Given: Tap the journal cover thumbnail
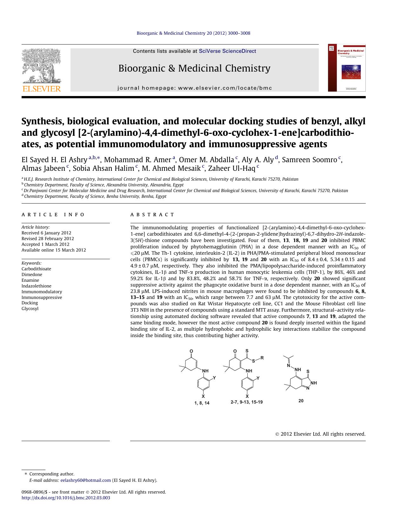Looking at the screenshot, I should tap(347, 68).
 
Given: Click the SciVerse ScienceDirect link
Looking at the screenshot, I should tap(227, 51).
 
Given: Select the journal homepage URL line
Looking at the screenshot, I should tap(195, 88).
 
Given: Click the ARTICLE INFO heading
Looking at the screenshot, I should tap(53, 215).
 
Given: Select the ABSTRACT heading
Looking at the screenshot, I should tap(152, 215).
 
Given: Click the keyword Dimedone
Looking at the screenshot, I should tap(32, 274).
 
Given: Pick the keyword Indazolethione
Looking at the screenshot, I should tap(36, 286).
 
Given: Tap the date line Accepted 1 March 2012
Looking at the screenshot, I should tap(45, 244).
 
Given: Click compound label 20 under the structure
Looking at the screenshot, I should tap(301, 401).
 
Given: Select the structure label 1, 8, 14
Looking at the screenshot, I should tap(202, 403).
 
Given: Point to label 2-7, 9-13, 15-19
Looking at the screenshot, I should tap(246, 402).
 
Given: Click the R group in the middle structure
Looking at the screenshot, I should tap(262, 358).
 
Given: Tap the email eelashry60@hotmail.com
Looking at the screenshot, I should tap(85, 480).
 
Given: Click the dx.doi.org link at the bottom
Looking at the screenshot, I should tap(66, 498).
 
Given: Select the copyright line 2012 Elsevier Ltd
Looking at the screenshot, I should tap(320, 434).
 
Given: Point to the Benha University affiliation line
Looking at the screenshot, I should tap(95, 196).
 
